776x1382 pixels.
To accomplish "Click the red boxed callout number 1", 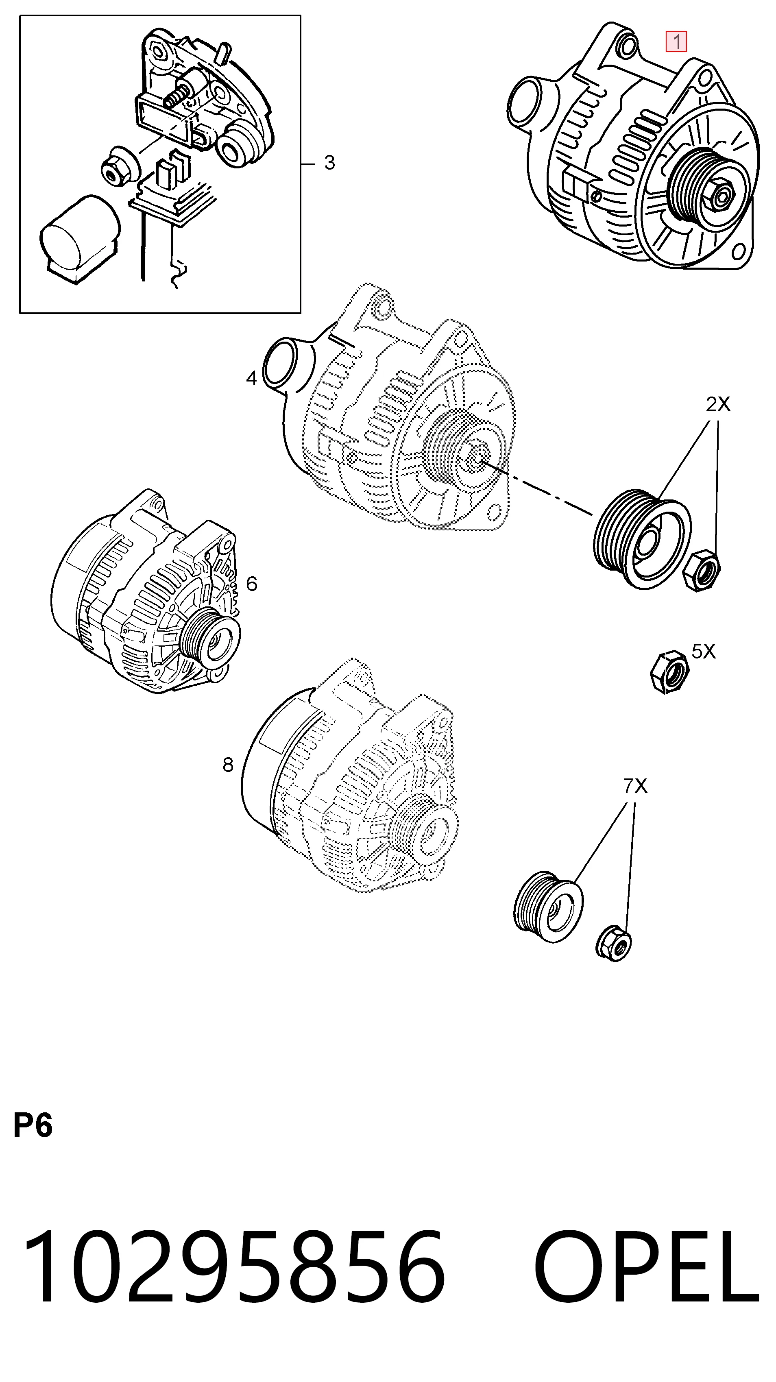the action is coord(676,41).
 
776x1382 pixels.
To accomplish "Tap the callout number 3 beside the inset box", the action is coord(329,163).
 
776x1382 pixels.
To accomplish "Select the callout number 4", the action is coord(252,378).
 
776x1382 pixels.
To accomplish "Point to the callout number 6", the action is coord(252,583).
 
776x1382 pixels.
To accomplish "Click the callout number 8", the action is coord(228,765).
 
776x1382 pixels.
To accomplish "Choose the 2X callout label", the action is coord(718,405).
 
